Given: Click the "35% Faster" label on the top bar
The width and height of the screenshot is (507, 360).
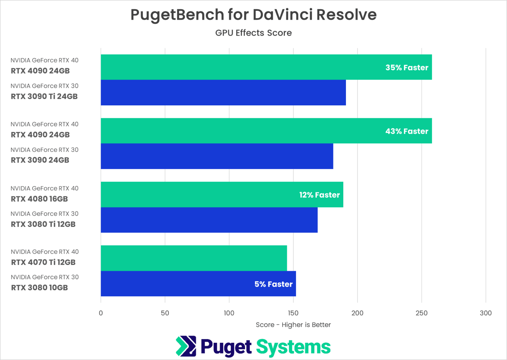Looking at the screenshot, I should pos(407,67).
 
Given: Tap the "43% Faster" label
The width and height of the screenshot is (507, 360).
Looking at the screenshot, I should pos(407,131).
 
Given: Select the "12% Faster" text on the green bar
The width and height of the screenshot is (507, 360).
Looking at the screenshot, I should pos(319,195).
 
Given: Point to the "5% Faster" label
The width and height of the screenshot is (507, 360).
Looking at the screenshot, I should pos(273,284).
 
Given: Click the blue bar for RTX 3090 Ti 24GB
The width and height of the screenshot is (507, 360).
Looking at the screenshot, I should pos(223,92).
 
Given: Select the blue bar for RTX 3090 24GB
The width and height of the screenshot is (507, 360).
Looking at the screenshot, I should pos(217,156).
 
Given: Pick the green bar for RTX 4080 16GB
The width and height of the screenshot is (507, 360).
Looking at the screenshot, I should pos(198,195).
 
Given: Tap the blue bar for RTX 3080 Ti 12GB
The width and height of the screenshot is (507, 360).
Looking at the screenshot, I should pos(209,220).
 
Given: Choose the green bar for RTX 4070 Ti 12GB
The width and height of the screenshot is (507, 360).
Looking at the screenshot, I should pos(194,258).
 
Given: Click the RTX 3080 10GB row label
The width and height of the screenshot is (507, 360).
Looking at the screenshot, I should pos(40,288).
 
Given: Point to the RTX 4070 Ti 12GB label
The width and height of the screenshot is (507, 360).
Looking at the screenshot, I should pos(43,262).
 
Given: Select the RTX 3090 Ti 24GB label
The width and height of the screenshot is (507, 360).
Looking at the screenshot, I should pos(44,96).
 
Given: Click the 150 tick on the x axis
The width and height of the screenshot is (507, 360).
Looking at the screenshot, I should pos(293,313).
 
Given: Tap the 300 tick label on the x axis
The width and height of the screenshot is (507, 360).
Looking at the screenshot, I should pos(486,313).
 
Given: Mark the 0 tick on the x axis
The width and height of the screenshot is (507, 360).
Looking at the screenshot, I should pos(101,313).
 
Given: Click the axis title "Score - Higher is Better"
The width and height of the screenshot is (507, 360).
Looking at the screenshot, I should pos(293,325).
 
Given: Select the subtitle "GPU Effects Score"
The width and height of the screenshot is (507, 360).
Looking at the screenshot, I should pos(253,33).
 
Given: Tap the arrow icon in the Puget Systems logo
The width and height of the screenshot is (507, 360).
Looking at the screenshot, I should pos(186,346).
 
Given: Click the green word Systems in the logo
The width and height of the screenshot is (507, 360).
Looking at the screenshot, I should pos(293,347).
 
